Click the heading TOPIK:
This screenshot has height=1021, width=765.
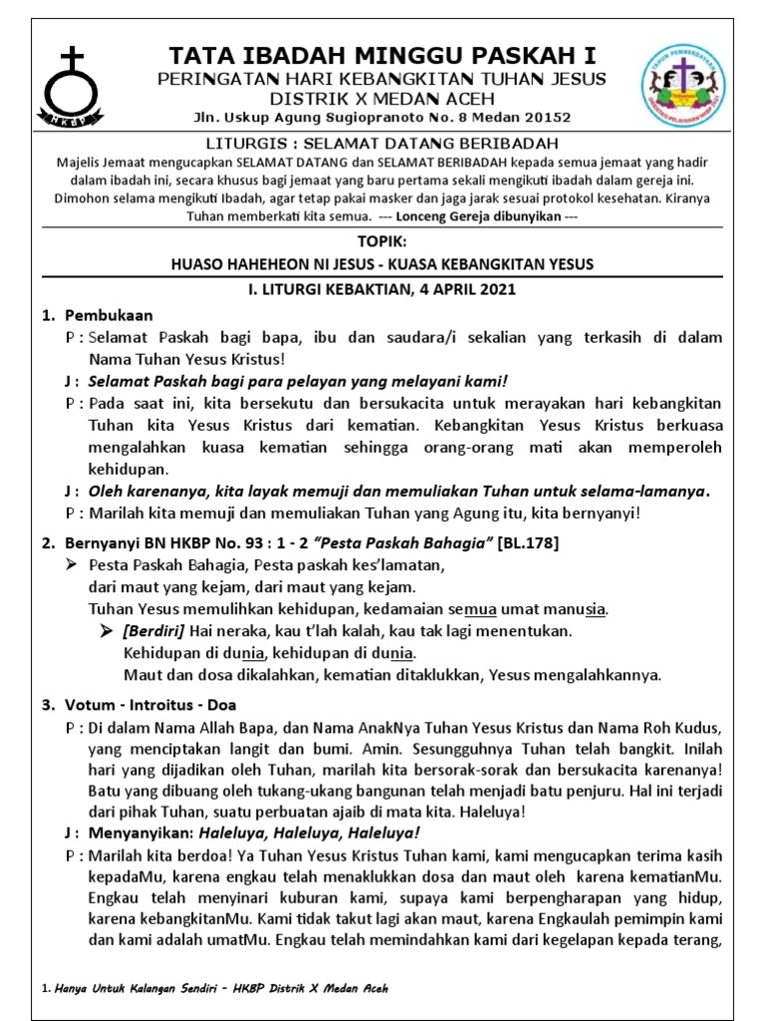[382, 241]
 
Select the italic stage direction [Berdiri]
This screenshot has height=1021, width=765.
[157, 631]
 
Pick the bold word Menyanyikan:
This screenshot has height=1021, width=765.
[141, 832]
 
